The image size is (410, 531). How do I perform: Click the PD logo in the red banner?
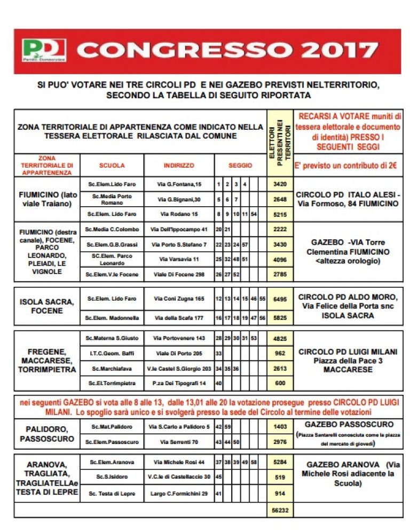[x=44, y=50]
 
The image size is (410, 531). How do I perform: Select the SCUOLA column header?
[x=112, y=166]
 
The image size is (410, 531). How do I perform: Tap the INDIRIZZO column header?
[x=179, y=166]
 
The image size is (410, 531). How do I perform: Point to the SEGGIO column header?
[x=240, y=166]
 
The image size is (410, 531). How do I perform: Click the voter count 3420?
[x=280, y=184]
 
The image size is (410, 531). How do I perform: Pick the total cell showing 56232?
[x=280, y=510]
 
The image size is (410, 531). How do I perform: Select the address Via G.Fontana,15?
[x=179, y=184]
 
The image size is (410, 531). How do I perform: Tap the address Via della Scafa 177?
[x=179, y=318]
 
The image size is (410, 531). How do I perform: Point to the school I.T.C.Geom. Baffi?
[x=112, y=353]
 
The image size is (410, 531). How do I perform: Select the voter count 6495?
[x=280, y=299]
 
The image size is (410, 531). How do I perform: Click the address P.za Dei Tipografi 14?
[x=179, y=383]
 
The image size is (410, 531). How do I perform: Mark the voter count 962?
[x=280, y=353]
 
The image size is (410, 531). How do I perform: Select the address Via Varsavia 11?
[x=179, y=259]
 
